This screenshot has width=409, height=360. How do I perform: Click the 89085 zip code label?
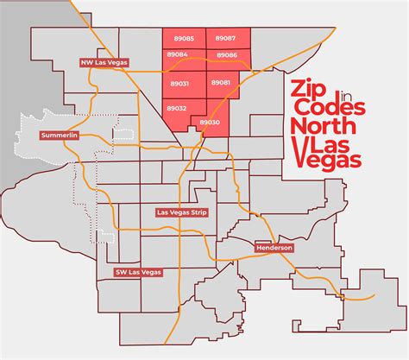184,39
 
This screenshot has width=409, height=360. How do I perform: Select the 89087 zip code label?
226,39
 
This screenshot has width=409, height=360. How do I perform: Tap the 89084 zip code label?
178,54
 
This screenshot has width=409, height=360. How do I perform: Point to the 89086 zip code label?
228,54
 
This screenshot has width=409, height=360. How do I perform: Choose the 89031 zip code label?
179,83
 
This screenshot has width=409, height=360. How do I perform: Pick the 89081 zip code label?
221,82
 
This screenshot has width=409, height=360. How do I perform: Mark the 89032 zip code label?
177,108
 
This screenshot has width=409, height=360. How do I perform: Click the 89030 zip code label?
210,123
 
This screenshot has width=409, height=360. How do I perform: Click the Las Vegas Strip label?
180,212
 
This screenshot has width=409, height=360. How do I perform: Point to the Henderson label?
274,247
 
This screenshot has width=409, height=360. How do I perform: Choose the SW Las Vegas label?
139,272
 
